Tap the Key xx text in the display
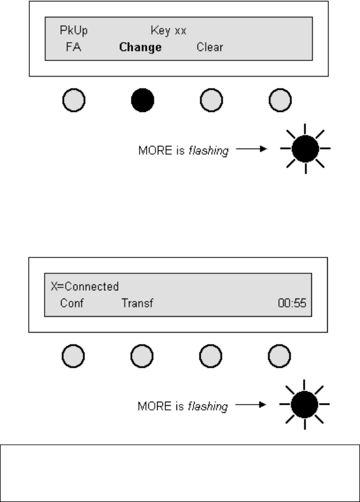[x=168, y=30]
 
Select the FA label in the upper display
[x=73, y=47]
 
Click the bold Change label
[x=140, y=47]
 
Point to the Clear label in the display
[x=209, y=47]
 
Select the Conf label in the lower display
[x=71, y=303]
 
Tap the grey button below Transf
[x=142, y=357]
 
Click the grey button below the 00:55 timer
[x=279, y=357]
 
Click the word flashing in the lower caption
[x=208, y=406]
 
